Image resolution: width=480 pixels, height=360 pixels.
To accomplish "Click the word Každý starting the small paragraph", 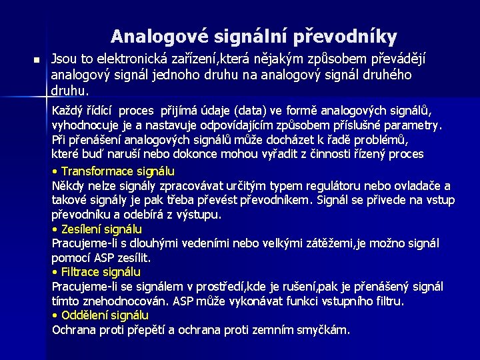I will (67, 110).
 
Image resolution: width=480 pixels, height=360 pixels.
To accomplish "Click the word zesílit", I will (135, 257).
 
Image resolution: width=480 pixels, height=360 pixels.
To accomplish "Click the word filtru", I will (389, 301).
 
